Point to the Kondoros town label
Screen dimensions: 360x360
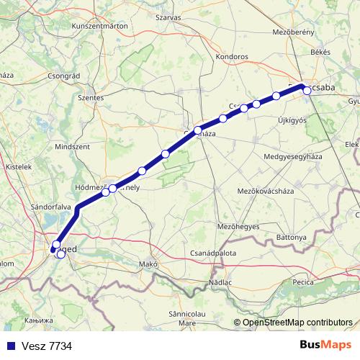point(233,56)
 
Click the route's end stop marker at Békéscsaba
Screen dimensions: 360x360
point(307,90)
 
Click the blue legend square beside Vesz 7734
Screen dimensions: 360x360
point(9,346)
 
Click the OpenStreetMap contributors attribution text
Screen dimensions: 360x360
point(297,322)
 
